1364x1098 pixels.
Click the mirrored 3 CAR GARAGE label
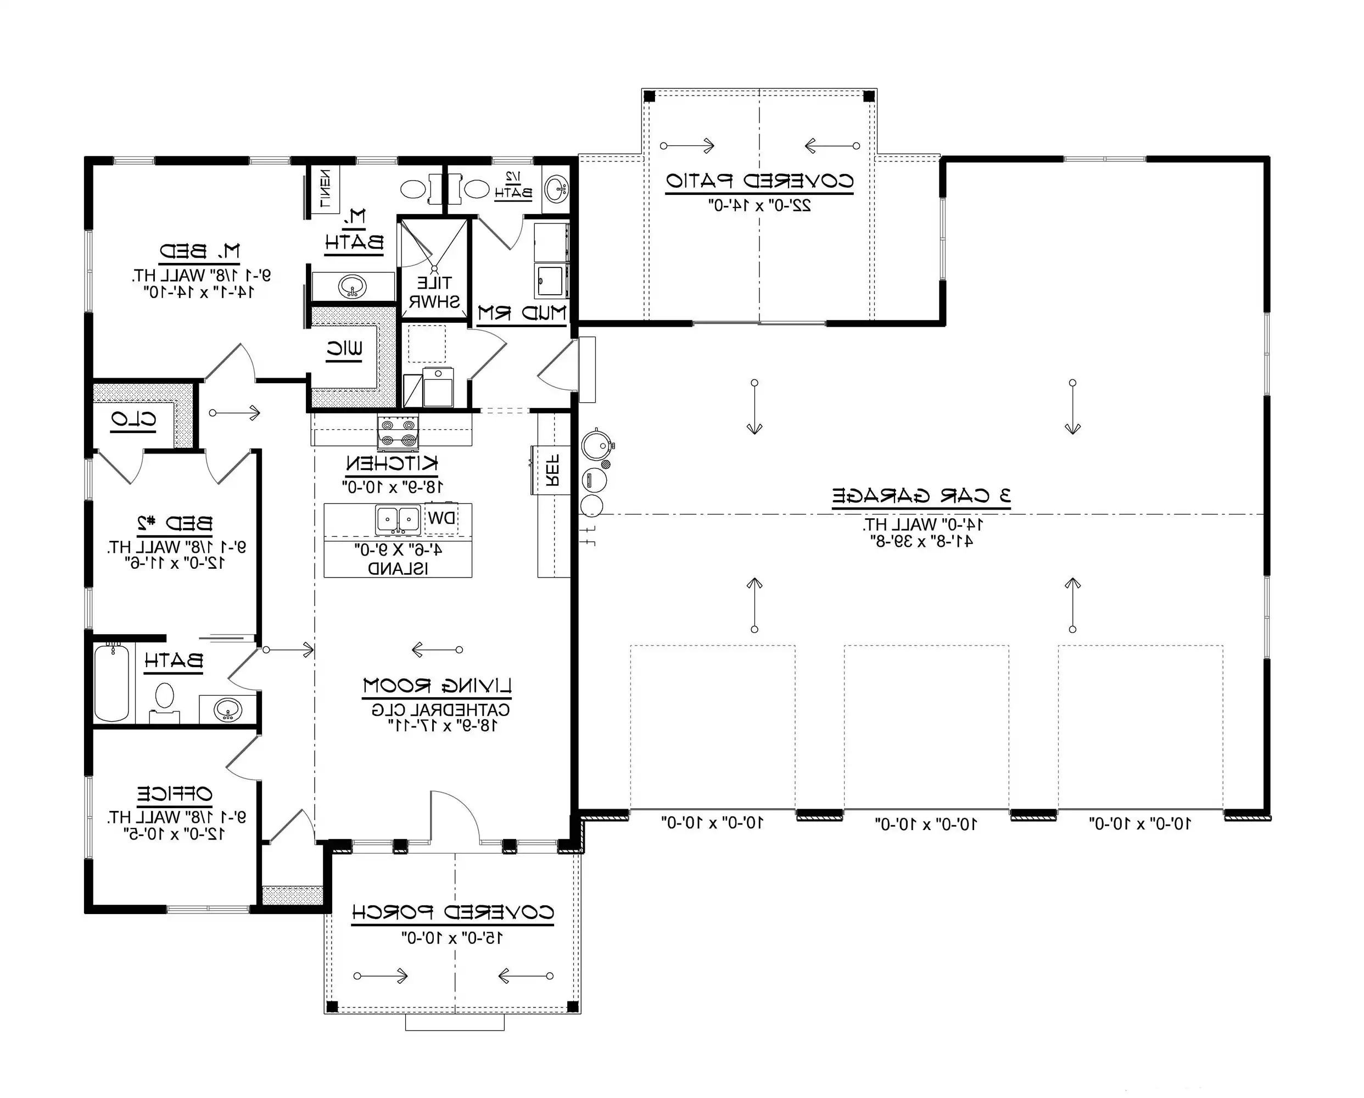point(921,495)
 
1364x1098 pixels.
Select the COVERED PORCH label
point(453,912)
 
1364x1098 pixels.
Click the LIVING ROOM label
point(437,685)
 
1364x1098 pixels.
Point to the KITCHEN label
point(392,463)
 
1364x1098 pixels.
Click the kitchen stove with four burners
point(398,433)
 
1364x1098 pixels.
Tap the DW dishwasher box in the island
point(441,519)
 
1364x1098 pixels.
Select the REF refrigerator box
point(552,470)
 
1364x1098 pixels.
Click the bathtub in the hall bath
point(112,683)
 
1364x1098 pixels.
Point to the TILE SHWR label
point(434,292)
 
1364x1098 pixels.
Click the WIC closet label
point(345,349)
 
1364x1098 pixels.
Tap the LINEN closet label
point(325,188)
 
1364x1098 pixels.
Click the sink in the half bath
point(556,187)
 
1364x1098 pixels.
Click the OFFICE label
point(175,793)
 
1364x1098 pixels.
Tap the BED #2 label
point(175,523)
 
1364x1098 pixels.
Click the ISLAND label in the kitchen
point(398,568)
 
